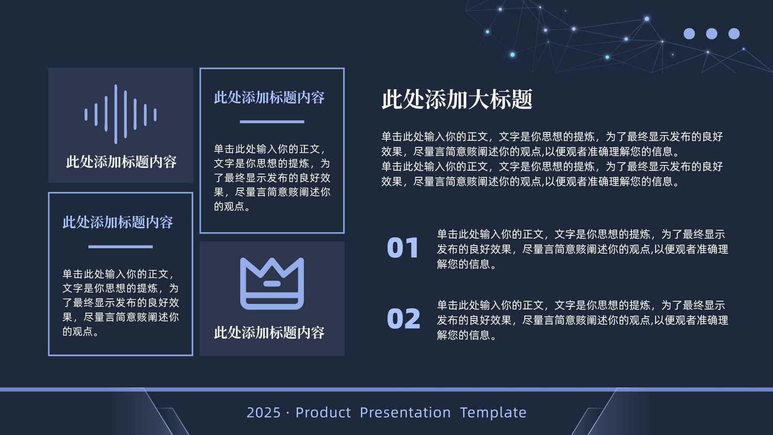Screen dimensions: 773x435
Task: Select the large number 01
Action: pos(403,248)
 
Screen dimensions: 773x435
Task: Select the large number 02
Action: pos(403,319)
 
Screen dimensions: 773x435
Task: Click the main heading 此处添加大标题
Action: pos(457,100)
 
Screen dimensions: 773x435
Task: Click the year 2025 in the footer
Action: pos(264,413)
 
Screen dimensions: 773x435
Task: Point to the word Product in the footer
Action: pos(323,413)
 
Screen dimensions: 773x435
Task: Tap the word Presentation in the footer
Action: pos(405,413)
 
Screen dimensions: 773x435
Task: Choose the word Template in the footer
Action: pos(493,413)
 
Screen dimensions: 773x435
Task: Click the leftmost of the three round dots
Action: pos(689,34)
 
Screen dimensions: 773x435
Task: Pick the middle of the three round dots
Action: pos(712,34)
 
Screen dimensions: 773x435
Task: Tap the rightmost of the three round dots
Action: pos(734,34)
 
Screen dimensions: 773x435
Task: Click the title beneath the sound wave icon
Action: pos(121,162)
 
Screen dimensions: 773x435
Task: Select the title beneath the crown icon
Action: pos(269,333)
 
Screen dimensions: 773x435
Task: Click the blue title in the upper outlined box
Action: pos(269,97)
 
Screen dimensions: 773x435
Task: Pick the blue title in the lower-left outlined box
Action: pos(118,222)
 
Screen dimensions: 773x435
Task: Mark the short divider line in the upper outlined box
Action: pos(272,122)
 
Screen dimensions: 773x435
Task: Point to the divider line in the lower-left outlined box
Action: pos(120,247)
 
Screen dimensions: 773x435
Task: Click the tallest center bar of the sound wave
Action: pos(115,114)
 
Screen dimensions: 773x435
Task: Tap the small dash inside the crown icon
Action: pos(272,284)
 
